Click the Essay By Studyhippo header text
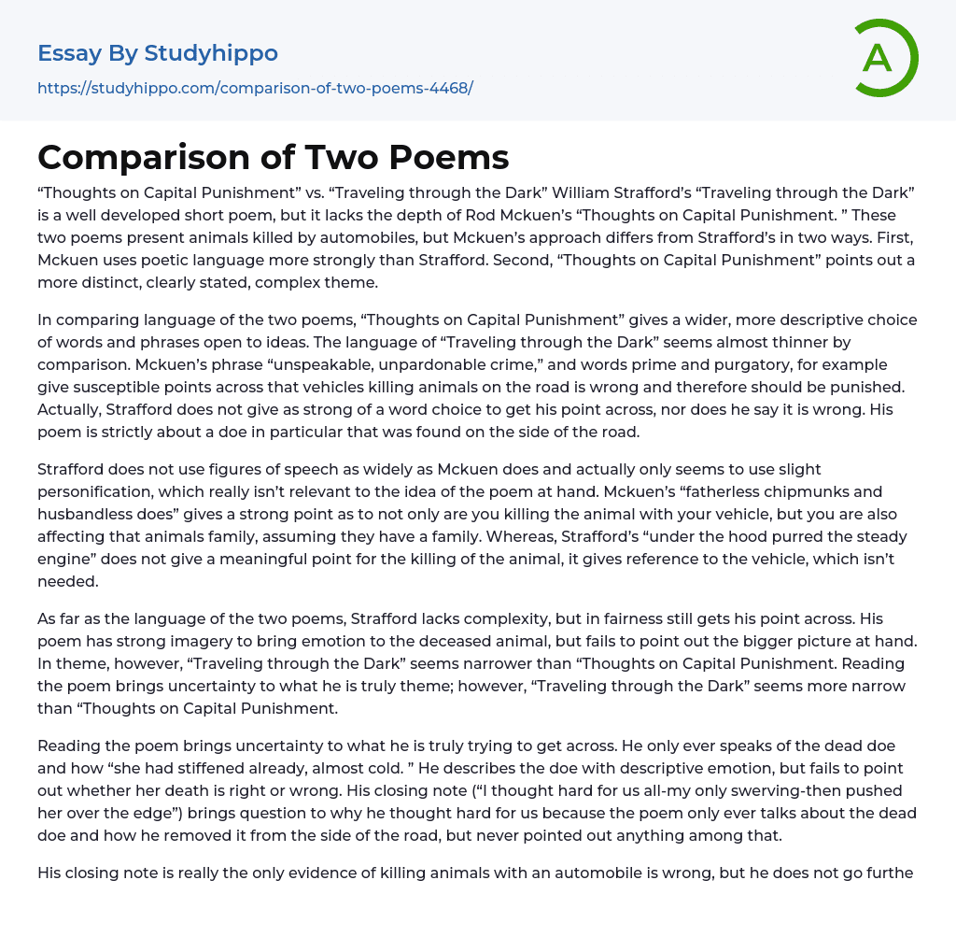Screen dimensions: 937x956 pyautogui.click(x=158, y=53)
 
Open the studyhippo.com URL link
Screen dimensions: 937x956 pyautogui.click(x=255, y=88)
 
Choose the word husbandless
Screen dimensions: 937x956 pyautogui.click(x=89, y=513)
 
